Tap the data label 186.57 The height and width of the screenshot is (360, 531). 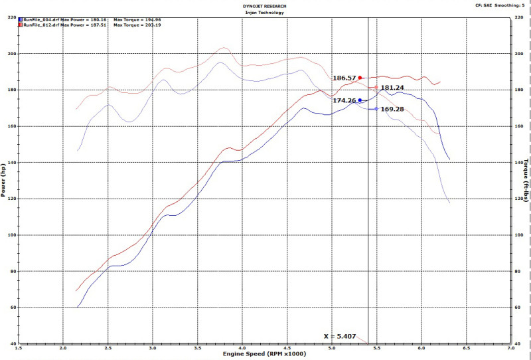[344, 78]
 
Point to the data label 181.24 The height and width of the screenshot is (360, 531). [392, 88]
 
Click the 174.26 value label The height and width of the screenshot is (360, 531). [344, 101]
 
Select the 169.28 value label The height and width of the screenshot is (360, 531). [392, 109]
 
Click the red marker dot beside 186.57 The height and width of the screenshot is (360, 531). [360, 78]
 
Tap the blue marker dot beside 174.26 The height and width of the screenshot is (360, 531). [360, 100]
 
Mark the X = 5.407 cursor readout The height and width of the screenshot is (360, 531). [340, 336]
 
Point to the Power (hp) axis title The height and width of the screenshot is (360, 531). [5, 181]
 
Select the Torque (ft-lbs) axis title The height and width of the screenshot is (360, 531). [526, 181]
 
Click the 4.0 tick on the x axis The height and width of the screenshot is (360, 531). [242, 348]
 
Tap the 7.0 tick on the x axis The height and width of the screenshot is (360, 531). [511, 348]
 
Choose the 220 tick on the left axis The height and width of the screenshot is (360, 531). [13, 17]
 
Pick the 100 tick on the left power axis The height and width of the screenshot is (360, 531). [13, 235]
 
